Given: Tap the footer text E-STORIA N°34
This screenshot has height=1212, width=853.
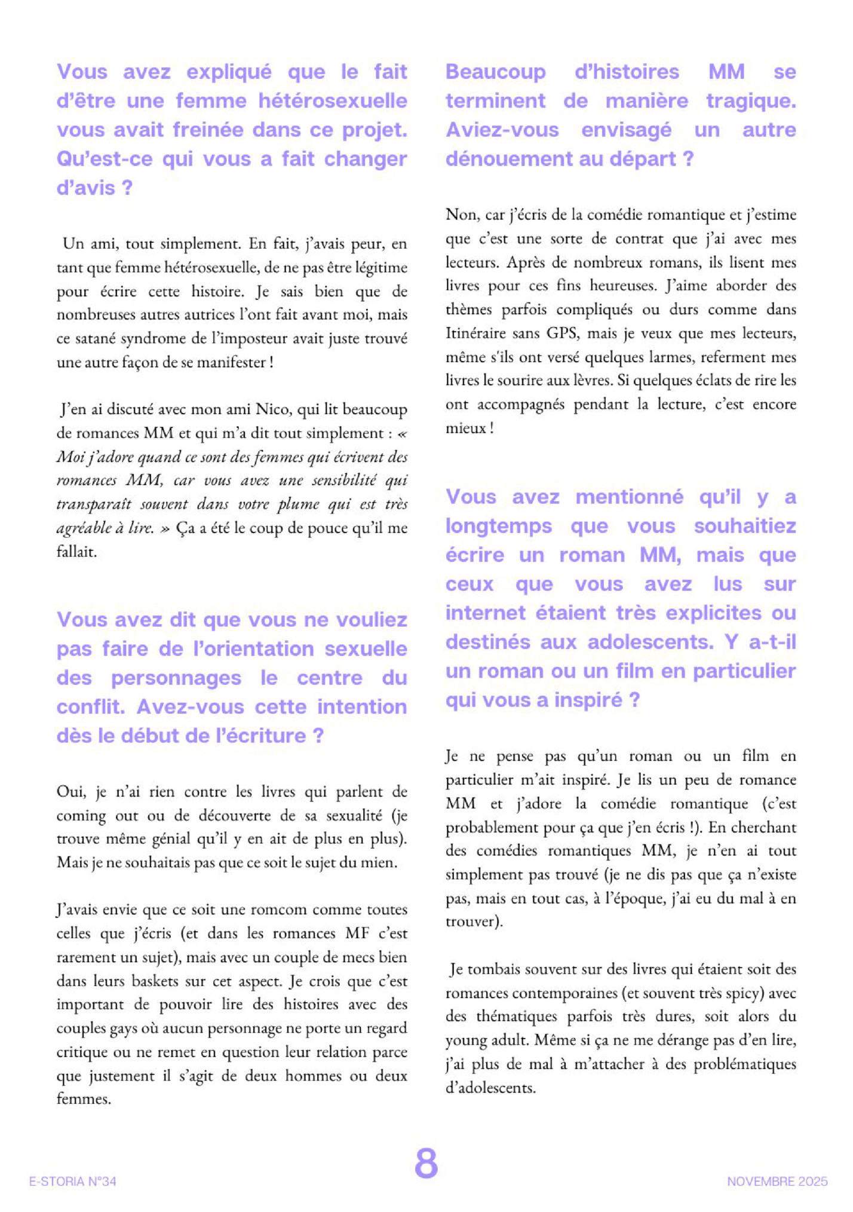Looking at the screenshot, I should pyautogui.click(x=73, y=1182).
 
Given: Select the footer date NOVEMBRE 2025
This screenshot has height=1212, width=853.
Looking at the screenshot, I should pyautogui.click(x=777, y=1182).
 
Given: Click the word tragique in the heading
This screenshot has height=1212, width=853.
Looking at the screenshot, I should pyautogui.click(x=751, y=100).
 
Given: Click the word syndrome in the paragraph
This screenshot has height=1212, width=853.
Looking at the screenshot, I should pyautogui.click(x=152, y=339).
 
